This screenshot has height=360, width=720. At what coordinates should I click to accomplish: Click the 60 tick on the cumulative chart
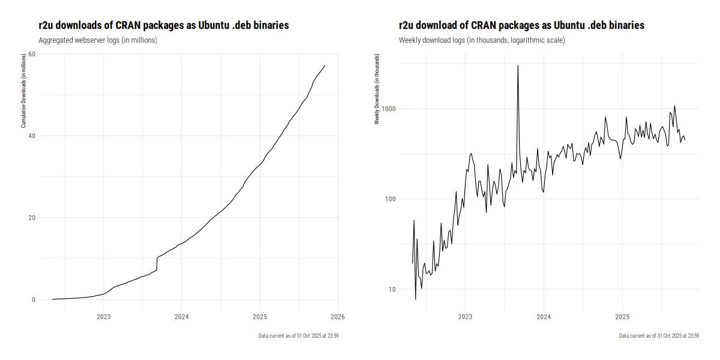pyautogui.click(x=32, y=54)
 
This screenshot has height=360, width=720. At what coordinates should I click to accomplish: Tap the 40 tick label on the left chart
pyautogui.click(x=32, y=136)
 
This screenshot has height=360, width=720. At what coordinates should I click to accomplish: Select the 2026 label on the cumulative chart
pyautogui.click(x=337, y=316)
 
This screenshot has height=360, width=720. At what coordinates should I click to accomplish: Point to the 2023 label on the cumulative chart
pyautogui.click(x=103, y=316)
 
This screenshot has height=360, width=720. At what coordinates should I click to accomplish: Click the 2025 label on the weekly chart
pyautogui.click(x=622, y=316)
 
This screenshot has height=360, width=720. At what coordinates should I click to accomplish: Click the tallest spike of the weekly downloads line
pyautogui.click(x=518, y=66)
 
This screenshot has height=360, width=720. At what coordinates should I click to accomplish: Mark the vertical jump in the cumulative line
pyautogui.click(x=157, y=264)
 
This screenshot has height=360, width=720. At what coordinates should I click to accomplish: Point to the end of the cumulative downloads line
pyautogui.click(x=325, y=65)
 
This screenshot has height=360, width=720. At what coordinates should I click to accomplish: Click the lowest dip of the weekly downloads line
pyautogui.click(x=415, y=299)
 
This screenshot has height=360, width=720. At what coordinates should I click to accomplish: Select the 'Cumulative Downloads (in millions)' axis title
pyautogui.click(x=23, y=90)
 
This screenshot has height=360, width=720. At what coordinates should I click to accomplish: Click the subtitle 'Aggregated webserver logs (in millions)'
pyautogui.click(x=97, y=40)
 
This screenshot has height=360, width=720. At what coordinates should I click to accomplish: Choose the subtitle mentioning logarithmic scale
pyautogui.click(x=482, y=40)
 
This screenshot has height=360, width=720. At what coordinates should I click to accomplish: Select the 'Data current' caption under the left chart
pyautogui.click(x=299, y=335)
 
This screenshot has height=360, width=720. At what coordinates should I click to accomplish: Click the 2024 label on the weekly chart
pyautogui.click(x=544, y=316)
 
